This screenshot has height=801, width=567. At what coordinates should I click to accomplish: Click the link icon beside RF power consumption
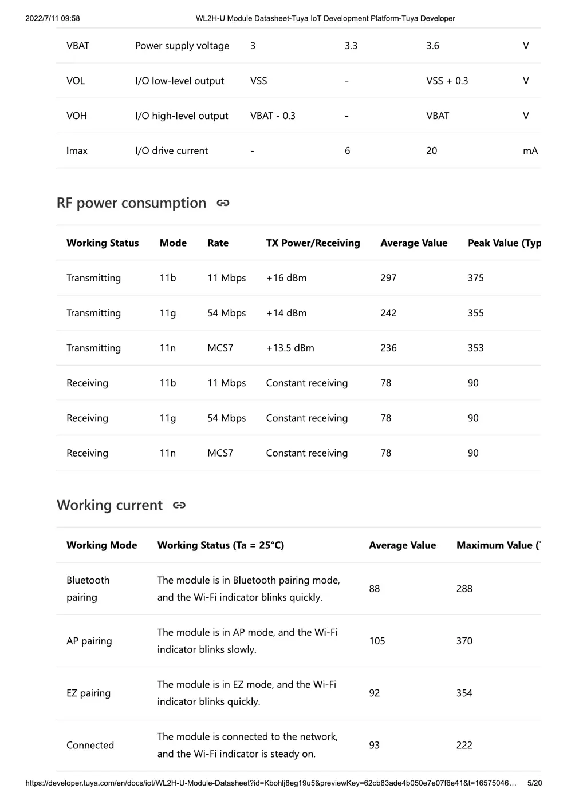223,203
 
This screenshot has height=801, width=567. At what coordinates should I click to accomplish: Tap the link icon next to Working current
179,505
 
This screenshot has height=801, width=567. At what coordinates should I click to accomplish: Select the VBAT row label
78,46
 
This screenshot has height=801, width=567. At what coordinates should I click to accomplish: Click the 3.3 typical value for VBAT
351,46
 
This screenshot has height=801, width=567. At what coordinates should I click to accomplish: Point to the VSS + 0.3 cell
447,81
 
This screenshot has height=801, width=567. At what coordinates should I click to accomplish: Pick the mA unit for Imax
530,151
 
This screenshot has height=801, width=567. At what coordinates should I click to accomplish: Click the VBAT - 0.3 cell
273,116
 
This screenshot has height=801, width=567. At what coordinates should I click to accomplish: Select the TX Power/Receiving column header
313,243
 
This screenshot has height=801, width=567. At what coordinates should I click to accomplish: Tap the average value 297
388,278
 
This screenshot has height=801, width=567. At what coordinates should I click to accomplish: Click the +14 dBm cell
286,313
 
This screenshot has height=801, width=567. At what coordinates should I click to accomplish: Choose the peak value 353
475,348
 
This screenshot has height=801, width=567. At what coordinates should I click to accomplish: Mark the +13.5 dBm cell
290,348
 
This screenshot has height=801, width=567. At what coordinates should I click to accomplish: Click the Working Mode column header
101,545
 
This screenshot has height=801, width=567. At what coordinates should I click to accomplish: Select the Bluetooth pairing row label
88,589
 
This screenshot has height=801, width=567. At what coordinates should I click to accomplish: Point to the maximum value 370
464,641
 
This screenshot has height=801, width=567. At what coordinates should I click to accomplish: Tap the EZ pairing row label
88,693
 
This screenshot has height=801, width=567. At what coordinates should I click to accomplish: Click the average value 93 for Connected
374,745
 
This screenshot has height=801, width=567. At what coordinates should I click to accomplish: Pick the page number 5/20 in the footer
534,783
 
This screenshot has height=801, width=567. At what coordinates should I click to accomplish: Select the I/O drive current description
171,151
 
